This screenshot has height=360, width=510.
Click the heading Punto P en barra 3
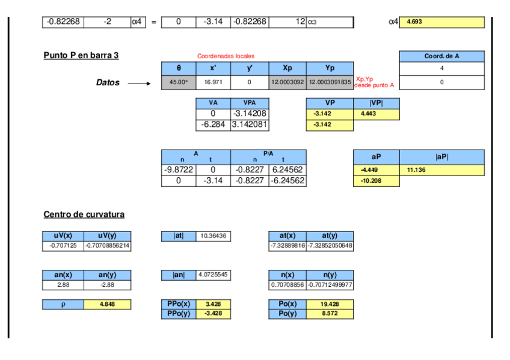pos(81,55)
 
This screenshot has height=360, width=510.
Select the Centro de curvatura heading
pos(84,215)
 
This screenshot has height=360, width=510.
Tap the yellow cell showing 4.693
pos(441,22)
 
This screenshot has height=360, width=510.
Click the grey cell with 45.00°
pos(179,82)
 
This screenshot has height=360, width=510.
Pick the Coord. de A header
pos(441,56)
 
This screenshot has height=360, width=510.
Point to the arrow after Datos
pos(140,84)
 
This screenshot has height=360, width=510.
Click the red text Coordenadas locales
pos(226,56)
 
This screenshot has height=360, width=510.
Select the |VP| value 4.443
pos(376,114)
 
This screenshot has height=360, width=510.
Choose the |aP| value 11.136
pos(441,170)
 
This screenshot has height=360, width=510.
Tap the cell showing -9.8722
pos(178,170)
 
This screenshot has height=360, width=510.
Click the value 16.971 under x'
pos(213,82)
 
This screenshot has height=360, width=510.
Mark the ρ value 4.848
pos(107,305)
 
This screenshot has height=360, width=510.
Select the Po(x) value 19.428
pos(330,305)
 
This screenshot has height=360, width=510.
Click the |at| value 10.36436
pos(214,237)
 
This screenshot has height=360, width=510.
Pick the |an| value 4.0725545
pos(214,275)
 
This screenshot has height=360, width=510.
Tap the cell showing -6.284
pos(213,125)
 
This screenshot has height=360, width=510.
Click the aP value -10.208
pos(376,181)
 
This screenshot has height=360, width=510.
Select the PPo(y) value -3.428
pos(214,314)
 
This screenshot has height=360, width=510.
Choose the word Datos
pos(108,83)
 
